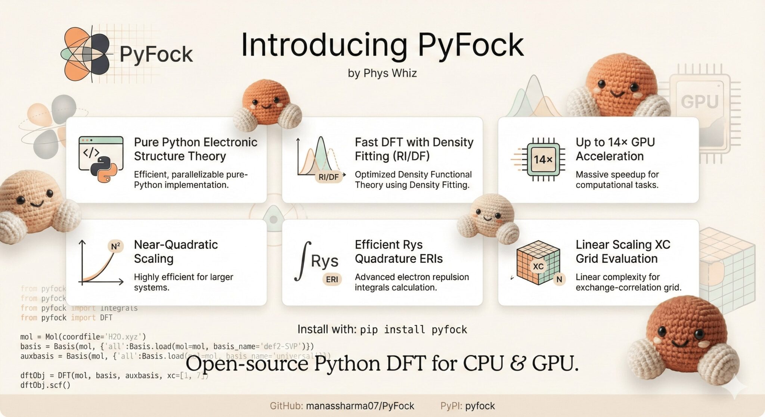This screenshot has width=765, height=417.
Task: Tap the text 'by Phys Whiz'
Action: tap(382, 73)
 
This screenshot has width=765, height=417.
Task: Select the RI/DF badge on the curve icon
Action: tap(328, 177)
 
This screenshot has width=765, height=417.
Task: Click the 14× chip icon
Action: tap(543, 159)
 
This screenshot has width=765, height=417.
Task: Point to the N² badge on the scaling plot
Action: tap(116, 246)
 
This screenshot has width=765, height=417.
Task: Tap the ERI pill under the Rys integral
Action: tap(332, 279)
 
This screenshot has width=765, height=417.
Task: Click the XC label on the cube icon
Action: tap(538, 266)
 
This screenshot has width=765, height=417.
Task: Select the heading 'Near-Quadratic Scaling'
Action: tap(176, 251)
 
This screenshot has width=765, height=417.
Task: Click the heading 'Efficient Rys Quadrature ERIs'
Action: tap(399, 251)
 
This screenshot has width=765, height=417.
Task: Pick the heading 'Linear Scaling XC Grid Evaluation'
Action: tap(623, 251)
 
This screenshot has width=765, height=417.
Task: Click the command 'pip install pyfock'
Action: tap(413, 330)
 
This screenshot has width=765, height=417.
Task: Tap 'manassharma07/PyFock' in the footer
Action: tap(360, 406)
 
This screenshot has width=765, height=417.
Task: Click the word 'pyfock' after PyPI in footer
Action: tap(480, 406)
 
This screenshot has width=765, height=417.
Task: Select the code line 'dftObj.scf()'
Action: tap(45, 385)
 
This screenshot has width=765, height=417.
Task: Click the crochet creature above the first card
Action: tap(266, 104)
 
